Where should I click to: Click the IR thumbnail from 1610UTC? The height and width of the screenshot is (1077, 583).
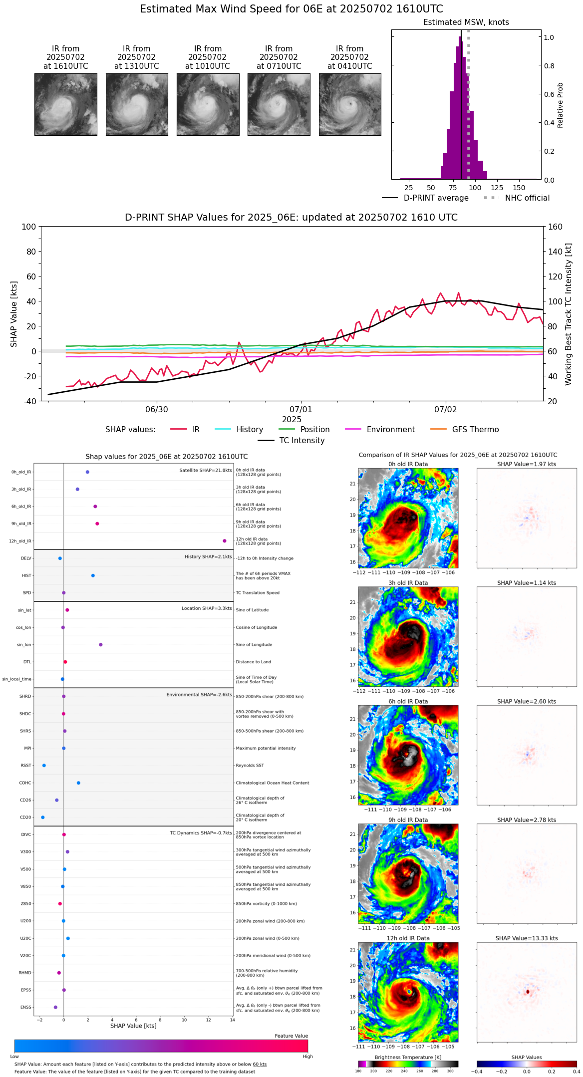[65, 104]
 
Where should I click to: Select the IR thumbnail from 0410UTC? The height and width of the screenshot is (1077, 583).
[349, 104]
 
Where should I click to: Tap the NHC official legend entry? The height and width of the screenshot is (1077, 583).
[527, 198]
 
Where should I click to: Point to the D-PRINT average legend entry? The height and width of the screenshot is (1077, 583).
[436, 198]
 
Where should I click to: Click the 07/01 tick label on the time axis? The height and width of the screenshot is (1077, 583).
[301, 410]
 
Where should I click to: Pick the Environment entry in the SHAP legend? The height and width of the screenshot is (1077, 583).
[390, 430]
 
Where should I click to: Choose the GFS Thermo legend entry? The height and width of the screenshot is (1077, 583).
[475, 430]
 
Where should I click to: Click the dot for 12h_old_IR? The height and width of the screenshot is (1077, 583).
[225, 541]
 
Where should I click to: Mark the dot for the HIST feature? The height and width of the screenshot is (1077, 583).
[93, 575]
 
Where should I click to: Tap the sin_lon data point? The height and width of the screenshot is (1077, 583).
[101, 645]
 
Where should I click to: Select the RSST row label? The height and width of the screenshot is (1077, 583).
[25, 766]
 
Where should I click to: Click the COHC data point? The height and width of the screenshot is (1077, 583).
[78, 783]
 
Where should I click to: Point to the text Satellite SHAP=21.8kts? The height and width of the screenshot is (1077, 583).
[206, 471]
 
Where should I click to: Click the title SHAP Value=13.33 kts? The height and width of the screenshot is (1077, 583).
[527, 938]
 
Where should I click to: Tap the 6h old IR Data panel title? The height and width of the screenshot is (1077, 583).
[408, 702]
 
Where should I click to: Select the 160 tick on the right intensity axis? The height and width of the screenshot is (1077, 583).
[556, 227]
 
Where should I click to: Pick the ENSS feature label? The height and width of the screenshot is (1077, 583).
[25, 1008]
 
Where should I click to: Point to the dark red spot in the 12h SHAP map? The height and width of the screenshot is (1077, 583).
[528, 992]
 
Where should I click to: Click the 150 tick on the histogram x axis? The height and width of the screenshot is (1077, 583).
[519, 188]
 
